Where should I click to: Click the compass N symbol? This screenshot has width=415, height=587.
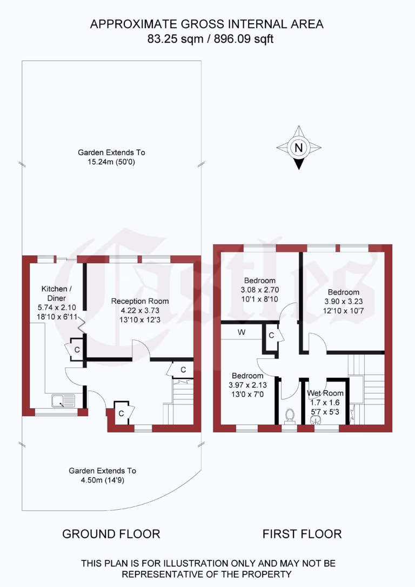[x=299, y=147]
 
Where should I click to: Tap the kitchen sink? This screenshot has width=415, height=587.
[x=63, y=401]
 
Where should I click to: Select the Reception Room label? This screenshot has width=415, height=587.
[x=140, y=301]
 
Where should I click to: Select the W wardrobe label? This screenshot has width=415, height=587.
[x=242, y=332]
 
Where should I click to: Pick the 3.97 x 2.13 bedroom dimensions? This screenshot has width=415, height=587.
[x=247, y=384]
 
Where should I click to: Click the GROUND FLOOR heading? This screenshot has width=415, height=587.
[x=111, y=534]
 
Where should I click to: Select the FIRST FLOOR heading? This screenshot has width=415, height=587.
[x=302, y=534]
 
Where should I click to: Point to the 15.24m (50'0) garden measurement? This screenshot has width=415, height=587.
[x=111, y=161]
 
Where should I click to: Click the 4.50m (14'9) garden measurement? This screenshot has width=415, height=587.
[x=102, y=479]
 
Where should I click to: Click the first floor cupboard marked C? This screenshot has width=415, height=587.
[x=272, y=336]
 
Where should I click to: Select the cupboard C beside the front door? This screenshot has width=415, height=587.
[x=122, y=413]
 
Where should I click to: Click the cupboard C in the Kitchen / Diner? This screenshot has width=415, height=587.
[x=77, y=350]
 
